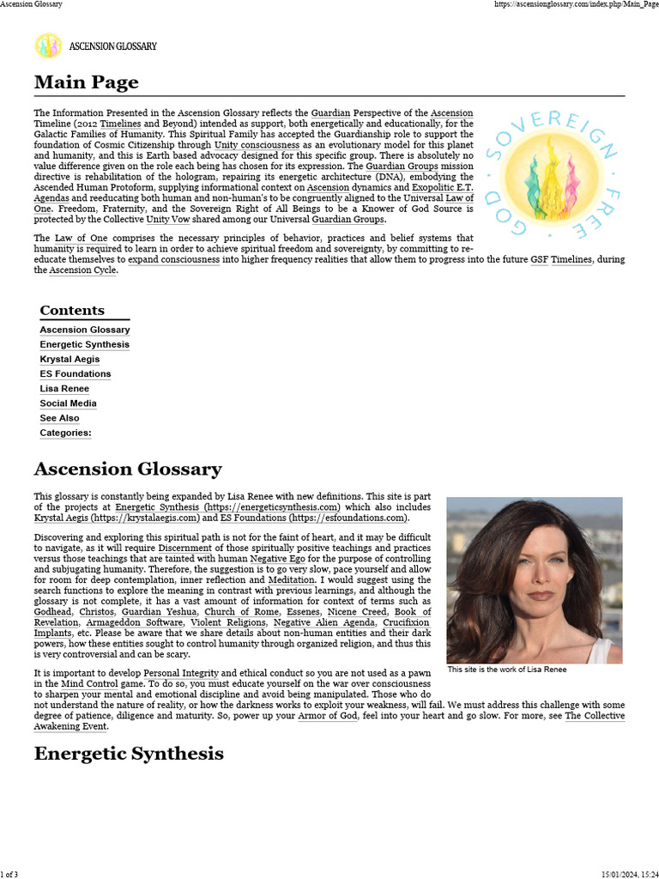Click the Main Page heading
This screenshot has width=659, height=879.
coord(86,82)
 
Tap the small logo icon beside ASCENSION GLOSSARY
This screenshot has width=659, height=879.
coord(48,45)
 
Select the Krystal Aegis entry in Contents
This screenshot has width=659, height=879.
coord(70,359)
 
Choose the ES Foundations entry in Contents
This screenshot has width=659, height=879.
coord(76,373)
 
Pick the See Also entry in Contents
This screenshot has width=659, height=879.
coord(59,418)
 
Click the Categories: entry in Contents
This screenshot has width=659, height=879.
coord(65,433)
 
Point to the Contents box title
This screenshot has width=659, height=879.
coord(72,311)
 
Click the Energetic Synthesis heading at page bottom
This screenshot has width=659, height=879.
coord(129,754)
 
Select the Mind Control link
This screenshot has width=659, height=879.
coord(90,683)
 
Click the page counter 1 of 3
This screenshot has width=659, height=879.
coord(9,873)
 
